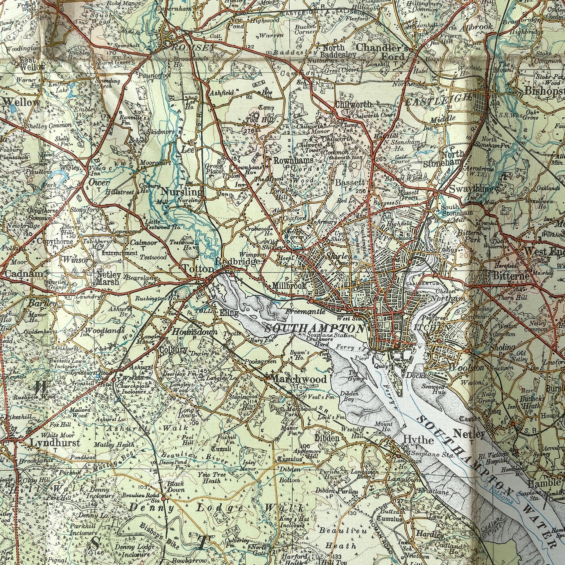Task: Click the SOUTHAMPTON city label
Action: coord(314,328)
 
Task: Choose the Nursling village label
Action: coord(182,192)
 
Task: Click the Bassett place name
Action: coord(350,183)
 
